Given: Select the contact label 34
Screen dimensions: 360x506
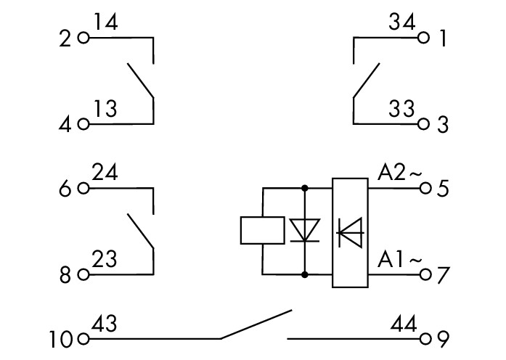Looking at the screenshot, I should pos(401,23).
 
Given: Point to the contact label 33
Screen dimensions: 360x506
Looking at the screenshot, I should pos(401,110).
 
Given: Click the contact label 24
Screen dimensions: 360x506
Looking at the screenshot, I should pos(106,174).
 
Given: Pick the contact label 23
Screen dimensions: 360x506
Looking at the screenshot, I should pos(105,260).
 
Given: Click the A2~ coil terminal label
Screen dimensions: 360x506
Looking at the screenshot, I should pos(399,173).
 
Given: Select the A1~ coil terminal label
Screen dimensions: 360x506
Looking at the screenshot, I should pos(399,259).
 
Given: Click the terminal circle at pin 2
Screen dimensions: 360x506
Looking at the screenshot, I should pos(83,38).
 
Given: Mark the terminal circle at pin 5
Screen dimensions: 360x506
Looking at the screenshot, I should pos(425,189).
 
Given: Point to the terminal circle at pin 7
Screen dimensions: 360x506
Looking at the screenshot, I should pos(425,274).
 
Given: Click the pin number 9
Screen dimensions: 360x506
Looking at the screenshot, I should pos(443,338).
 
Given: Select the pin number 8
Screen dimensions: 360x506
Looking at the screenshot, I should pos(66,275).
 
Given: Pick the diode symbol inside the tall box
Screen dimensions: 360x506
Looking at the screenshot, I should pos(351,232).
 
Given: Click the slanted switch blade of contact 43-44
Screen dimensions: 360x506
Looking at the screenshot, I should pos(256,325).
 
